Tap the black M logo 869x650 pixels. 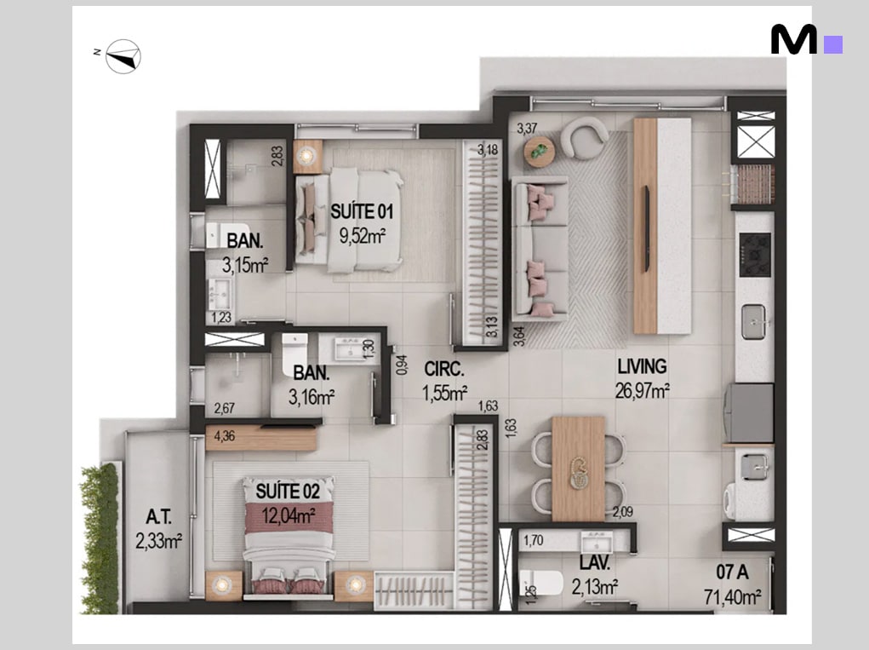pyautogui.click(x=793, y=40)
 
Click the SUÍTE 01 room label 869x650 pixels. pyautogui.click(x=362, y=211)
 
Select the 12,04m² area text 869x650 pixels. pyautogui.click(x=289, y=516)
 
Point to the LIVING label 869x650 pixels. pyautogui.click(x=643, y=366)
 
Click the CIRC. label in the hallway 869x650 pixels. pyautogui.click(x=444, y=370)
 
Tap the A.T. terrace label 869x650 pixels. pyautogui.click(x=158, y=517)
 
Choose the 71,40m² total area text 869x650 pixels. pyautogui.click(x=732, y=597)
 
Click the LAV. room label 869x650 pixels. pyautogui.click(x=595, y=563)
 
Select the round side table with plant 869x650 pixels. pyautogui.click(x=540, y=152)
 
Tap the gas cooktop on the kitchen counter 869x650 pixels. pyautogui.click(x=755, y=255)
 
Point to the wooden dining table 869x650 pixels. pyautogui.click(x=578, y=469)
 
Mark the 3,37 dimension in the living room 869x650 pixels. pyautogui.click(x=527, y=129)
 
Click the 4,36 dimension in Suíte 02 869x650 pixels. pyautogui.click(x=225, y=436)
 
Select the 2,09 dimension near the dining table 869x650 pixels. pyautogui.click(x=622, y=512)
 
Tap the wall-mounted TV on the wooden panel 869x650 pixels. pyautogui.click(x=647, y=228)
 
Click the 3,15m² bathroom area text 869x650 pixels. pyautogui.click(x=245, y=265)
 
